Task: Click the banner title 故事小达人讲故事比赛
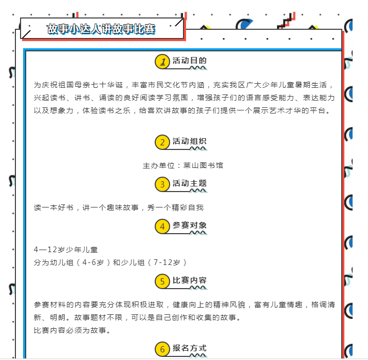pyautogui.click(x=101, y=29)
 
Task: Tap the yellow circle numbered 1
pyautogui.click(x=162, y=62)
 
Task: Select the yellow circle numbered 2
pyautogui.click(x=162, y=142)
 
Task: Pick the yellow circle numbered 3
pyautogui.click(x=162, y=184)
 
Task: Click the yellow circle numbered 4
pyautogui.click(x=162, y=226)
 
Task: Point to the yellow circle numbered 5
pyautogui.click(x=162, y=281)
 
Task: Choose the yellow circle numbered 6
pyautogui.click(x=162, y=349)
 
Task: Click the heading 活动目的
pyautogui.click(x=190, y=61)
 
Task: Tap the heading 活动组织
pyautogui.click(x=190, y=141)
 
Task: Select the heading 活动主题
pyautogui.click(x=190, y=183)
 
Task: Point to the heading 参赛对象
pyautogui.click(x=190, y=225)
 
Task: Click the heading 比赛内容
pyautogui.click(x=190, y=280)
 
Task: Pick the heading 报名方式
pyautogui.click(x=190, y=348)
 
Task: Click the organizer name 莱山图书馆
pyautogui.click(x=203, y=165)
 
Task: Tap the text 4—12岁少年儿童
pyautogui.click(x=66, y=250)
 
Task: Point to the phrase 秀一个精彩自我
pyautogui.click(x=175, y=207)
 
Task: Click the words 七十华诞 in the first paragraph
pyautogui.click(x=107, y=85)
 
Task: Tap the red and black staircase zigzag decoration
pyautogui.click(x=286, y=21)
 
